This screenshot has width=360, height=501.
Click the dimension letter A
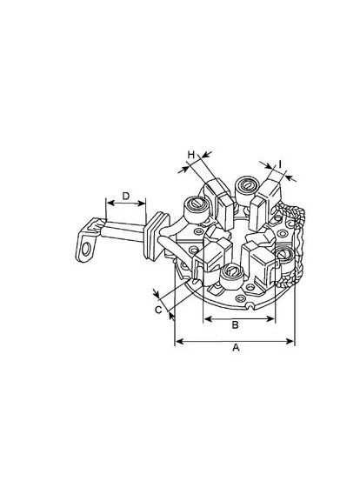[x=236, y=347]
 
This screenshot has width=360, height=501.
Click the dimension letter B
[x=235, y=324]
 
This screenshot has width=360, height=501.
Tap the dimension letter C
[x=158, y=310]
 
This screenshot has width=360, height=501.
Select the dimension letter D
[x=126, y=196]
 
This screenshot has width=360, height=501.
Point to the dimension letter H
[x=191, y=155]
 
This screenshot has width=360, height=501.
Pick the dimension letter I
[x=280, y=164]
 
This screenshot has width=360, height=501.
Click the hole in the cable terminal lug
[x=86, y=250]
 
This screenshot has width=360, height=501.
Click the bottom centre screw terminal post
[x=231, y=275]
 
